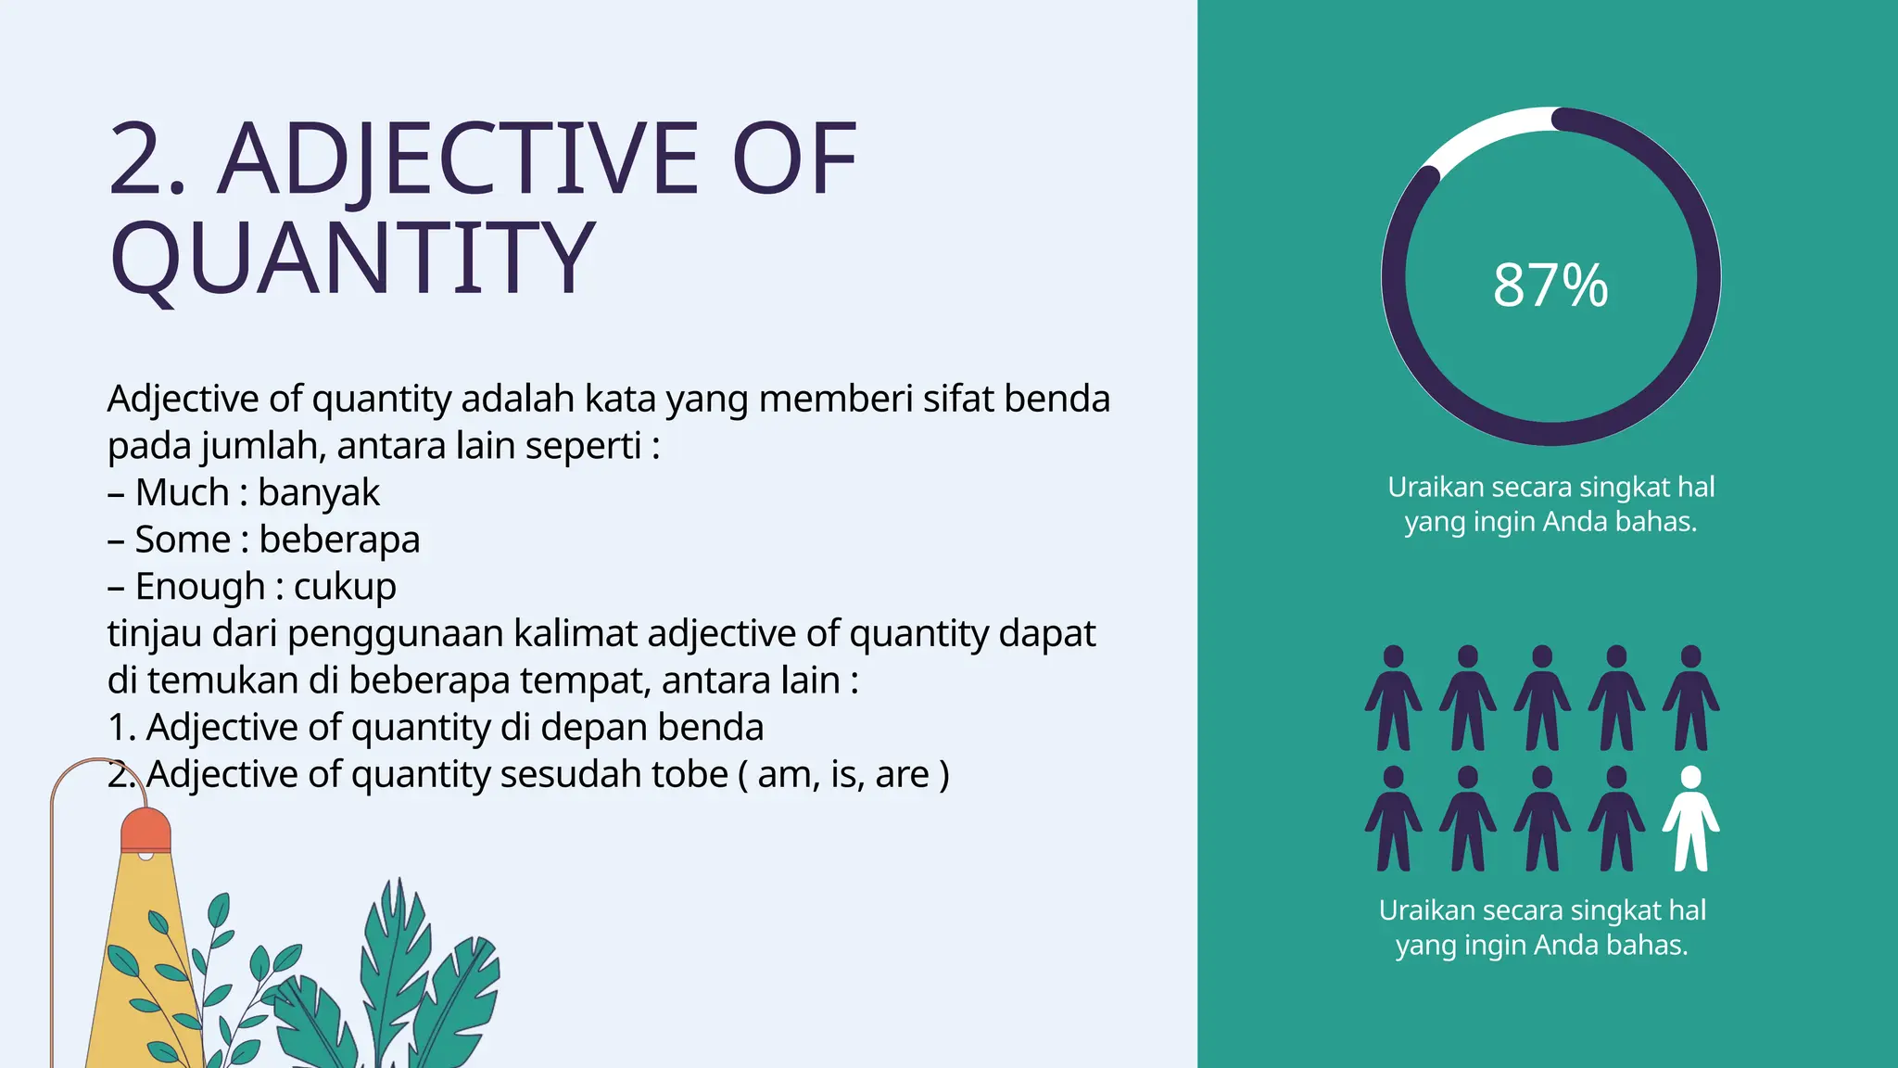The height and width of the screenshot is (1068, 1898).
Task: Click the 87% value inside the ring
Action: tap(1550, 285)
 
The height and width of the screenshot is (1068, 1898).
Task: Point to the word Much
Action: tap(182, 492)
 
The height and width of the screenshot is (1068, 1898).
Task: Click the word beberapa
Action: tap(339, 540)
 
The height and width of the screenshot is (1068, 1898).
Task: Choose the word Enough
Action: tap(200, 587)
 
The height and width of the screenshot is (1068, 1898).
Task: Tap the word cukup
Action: tap(345, 587)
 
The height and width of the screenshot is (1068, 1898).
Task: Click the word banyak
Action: tap(319, 492)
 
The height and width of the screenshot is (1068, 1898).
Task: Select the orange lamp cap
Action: tap(146, 829)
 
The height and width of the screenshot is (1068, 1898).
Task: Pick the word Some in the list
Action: tap(183, 540)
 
